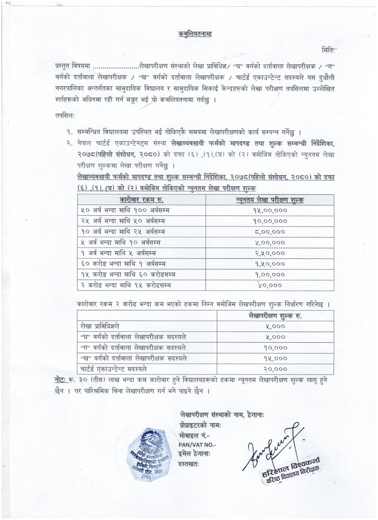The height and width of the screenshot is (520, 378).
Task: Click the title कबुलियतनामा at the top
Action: pyautogui.click(x=195, y=34)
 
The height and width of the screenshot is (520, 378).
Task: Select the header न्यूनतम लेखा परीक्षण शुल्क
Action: pyautogui.click(x=270, y=200)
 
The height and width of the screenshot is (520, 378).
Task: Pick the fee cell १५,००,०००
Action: pyautogui.click(x=270, y=210)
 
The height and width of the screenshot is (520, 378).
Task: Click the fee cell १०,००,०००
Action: pyautogui.click(x=270, y=221)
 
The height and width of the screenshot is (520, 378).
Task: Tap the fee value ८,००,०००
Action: pyautogui.click(x=270, y=232)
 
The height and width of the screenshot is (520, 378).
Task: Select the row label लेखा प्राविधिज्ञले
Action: pyautogui.click(x=100, y=326)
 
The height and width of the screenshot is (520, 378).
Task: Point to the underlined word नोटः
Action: pyautogui.click(x=61, y=380)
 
